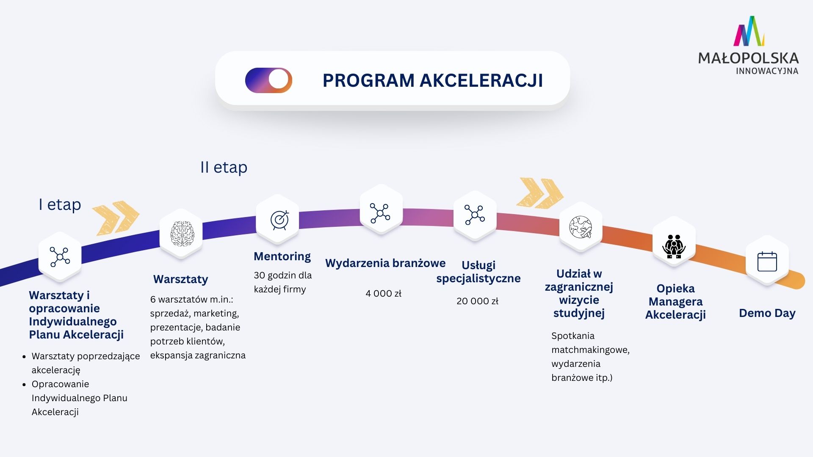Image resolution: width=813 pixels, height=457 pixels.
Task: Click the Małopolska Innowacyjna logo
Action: tap(748, 46)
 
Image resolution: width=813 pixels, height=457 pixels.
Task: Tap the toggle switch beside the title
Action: tap(269, 80)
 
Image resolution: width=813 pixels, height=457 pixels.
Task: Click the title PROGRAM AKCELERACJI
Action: tap(432, 80)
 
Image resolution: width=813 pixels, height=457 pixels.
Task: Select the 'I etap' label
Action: tap(60, 204)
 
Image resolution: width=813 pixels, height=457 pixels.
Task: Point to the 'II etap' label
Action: tap(224, 167)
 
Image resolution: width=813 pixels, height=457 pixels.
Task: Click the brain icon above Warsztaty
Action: tap(182, 234)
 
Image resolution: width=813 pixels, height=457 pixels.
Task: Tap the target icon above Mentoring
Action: tap(279, 220)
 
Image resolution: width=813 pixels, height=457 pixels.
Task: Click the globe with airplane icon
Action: tap(581, 227)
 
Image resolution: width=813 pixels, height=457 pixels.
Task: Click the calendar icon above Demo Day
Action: tap(767, 262)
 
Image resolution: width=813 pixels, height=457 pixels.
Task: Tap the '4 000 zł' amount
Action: tap(383, 293)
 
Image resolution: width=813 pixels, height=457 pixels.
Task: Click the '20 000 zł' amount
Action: tap(477, 301)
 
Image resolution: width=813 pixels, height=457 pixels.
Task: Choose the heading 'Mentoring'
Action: tap(282, 256)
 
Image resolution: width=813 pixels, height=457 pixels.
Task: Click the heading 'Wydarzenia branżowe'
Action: tap(385, 263)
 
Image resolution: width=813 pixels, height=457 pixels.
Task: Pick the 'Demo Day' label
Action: tap(767, 313)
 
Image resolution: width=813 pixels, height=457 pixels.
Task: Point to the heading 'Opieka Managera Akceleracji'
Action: tap(675, 301)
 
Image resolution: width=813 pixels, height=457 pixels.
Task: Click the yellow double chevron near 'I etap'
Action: tap(116, 217)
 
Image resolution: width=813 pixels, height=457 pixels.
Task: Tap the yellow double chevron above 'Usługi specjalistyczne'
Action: tap(539, 193)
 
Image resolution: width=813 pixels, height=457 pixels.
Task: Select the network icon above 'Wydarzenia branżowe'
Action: tap(380, 213)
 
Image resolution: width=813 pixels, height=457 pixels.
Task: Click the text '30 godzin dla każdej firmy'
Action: tap(282, 282)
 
